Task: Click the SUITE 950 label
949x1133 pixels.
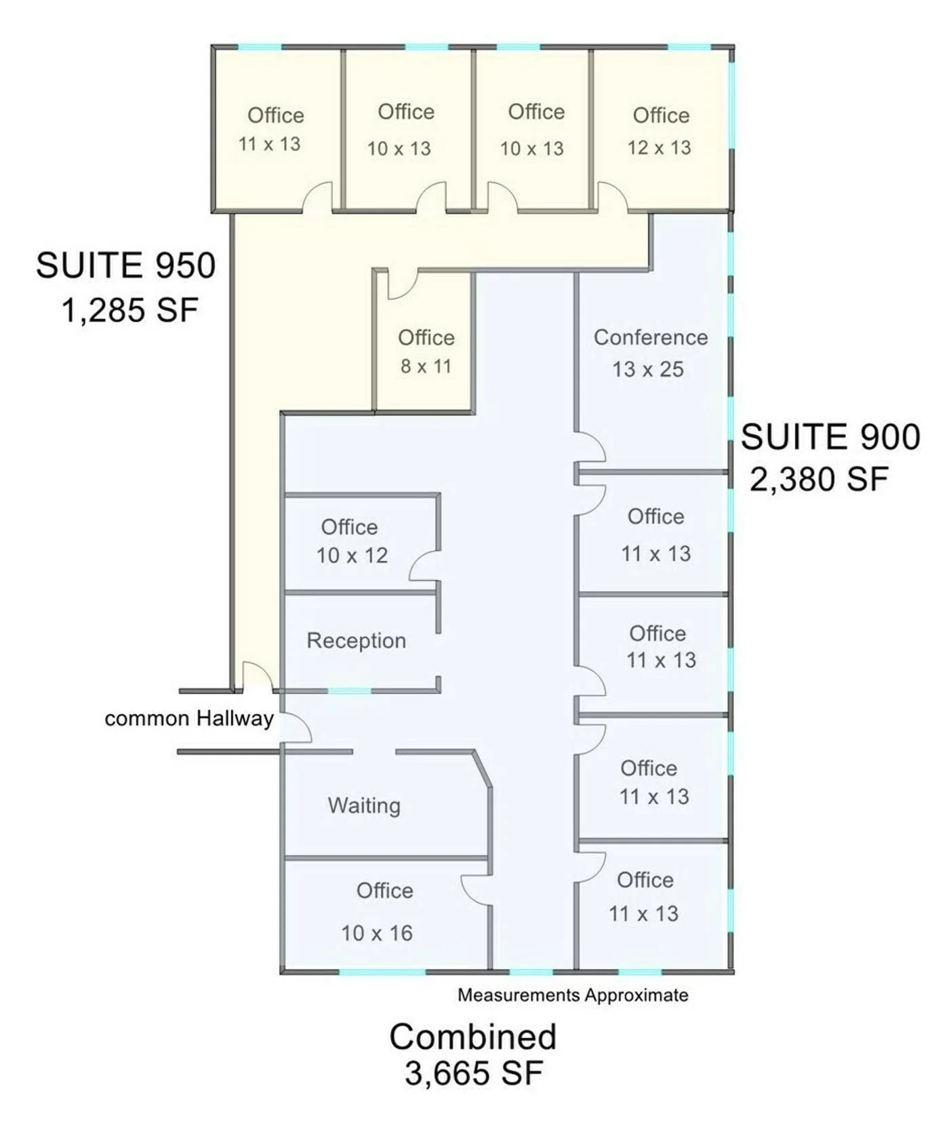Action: [x=126, y=265]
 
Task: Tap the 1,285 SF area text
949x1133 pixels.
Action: [x=130, y=311]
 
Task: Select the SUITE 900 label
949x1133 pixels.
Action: [x=830, y=436]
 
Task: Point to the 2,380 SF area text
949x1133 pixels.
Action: [x=819, y=480]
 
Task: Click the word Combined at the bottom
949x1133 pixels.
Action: [x=473, y=1037]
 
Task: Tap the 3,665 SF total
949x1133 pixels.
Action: [x=474, y=1073]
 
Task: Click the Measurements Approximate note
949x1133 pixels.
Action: [x=573, y=995]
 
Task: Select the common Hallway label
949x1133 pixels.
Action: [x=189, y=718]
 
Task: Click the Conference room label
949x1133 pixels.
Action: [x=651, y=337]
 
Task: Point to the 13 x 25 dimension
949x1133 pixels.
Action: [x=648, y=369]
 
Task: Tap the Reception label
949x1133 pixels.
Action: [x=357, y=640]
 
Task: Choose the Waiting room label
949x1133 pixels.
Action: [x=364, y=805]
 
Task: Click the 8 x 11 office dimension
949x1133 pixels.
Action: [x=426, y=366]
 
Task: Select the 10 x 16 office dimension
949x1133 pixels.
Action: [x=377, y=934]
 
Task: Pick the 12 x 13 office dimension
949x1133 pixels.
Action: [x=659, y=148]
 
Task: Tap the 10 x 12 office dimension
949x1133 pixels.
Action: [x=352, y=556]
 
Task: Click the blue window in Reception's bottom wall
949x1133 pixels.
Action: [x=350, y=691]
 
